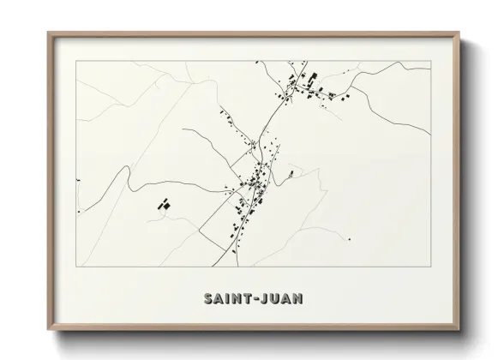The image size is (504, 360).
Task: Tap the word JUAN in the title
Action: pyautogui.click(x=281, y=299)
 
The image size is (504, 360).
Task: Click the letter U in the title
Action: pyautogui.click(x=274, y=299)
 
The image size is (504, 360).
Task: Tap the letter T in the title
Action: pyautogui.click(x=246, y=299)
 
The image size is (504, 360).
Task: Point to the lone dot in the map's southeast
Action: pyautogui.click(x=349, y=239)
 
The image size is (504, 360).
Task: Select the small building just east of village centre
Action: pyautogui.click(x=291, y=174)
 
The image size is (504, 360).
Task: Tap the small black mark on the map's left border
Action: pyautogui.click(x=77, y=180)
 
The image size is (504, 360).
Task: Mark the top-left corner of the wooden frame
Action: pyautogui.click(x=48, y=33)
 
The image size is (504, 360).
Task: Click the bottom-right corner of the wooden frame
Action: pyautogui.click(x=460, y=331)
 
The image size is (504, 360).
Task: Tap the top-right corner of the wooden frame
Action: pyautogui.click(x=460, y=33)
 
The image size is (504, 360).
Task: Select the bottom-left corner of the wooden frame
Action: pyautogui.click(x=48, y=331)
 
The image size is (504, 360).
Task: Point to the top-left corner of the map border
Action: pyautogui.click(x=77, y=61)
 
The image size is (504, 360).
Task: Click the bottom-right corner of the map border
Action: pyautogui.click(x=430, y=267)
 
